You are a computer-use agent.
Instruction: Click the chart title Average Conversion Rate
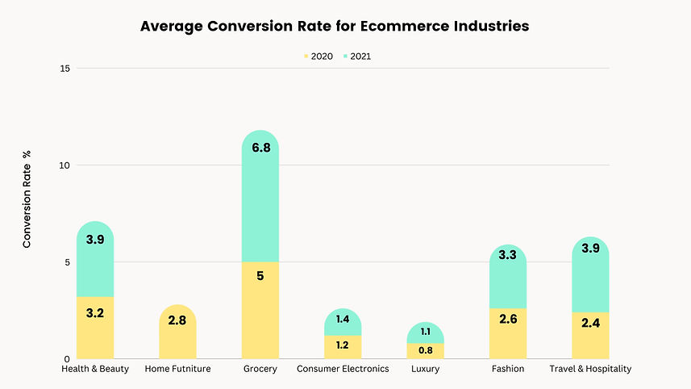[x=335, y=26]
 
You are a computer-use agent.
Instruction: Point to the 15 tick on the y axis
[x=65, y=69]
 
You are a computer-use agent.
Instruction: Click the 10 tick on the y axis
[x=65, y=165]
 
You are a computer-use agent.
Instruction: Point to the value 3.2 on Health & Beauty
[x=95, y=312]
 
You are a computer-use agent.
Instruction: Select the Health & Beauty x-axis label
[x=95, y=369]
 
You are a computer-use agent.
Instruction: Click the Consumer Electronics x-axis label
[x=343, y=369]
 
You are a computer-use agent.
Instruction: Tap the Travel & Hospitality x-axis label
[x=590, y=369]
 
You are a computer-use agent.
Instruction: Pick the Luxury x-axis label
[x=425, y=369]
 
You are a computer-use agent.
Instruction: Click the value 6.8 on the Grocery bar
[x=260, y=169]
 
